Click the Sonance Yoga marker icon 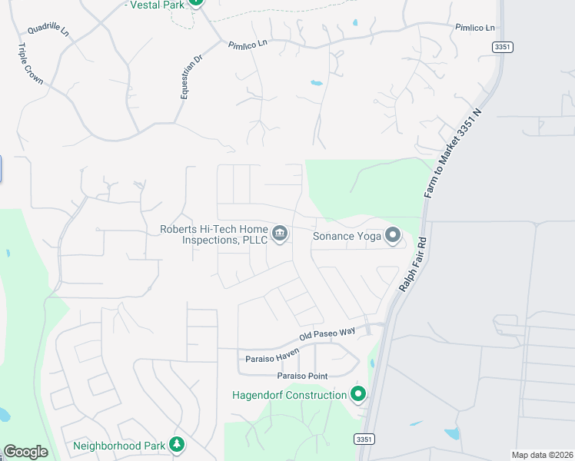(393, 235)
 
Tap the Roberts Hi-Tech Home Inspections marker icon (280, 233)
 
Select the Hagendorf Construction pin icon (357, 395)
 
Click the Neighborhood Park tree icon (177, 445)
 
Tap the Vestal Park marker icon (195, 2)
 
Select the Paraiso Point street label (302, 376)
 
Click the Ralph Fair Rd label (412, 265)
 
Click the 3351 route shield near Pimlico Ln (503, 47)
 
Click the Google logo (25, 452)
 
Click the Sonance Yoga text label (347, 236)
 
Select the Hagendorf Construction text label (290, 395)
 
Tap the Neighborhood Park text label (119, 446)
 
